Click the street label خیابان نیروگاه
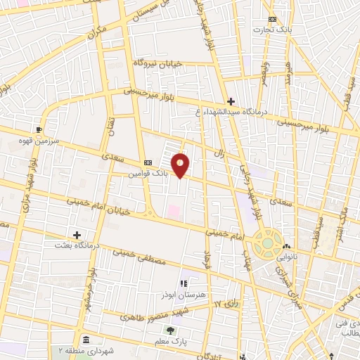pyautogui.click(x=158, y=64)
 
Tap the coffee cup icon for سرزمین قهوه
pyautogui.click(x=39, y=129)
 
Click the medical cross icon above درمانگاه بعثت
pyautogui.click(x=77, y=235)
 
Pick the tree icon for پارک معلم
pyautogui.click(x=169, y=330)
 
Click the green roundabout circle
pyautogui.click(x=267, y=243)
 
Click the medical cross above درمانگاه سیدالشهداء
pyautogui.click(x=231, y=101)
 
